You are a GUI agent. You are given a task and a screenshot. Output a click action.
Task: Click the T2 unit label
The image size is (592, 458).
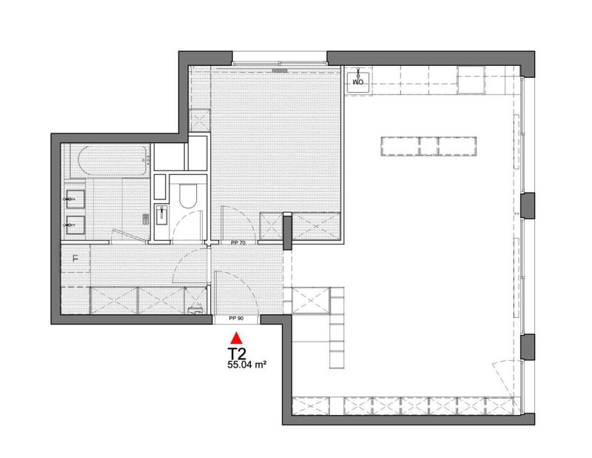(237, 354)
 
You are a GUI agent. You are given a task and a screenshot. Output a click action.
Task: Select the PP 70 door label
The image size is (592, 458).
(237, 242)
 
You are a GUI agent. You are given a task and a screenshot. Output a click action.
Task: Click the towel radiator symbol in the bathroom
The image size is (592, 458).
(145, 216)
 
